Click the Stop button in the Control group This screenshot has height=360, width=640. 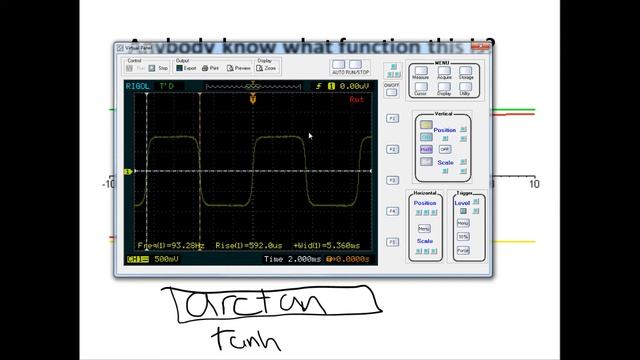[x=159, y=68]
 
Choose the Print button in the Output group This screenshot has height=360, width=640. [x=210, y=68]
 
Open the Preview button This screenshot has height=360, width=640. [x=238, y=68]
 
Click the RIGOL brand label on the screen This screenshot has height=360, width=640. [x=139, y=87]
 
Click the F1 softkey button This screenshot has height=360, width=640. [x=392, y=118]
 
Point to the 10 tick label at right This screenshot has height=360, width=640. [x=534, y=184]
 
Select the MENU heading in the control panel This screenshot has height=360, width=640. [x=443, y=63]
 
